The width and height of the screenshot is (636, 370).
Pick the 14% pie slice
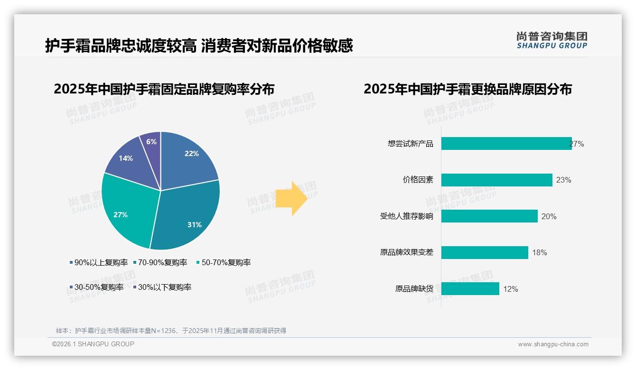coord(129,158)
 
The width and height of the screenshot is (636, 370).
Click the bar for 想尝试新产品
coord(506,144)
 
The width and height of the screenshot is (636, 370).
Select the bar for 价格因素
coord(496,180)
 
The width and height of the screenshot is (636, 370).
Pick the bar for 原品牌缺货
coord(470,289)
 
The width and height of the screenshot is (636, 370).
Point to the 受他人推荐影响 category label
coord(406,216)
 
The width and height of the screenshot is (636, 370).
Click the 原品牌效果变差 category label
coord(406,252)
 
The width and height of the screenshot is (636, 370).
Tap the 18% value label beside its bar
coord(539,252)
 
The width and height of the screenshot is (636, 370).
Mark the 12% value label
coord(510,289)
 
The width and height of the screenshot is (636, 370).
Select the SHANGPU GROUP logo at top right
coord(552,40)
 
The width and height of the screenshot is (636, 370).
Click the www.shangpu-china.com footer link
coord(553,344)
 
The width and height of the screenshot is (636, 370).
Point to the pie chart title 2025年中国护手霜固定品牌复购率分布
coord(164,89)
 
